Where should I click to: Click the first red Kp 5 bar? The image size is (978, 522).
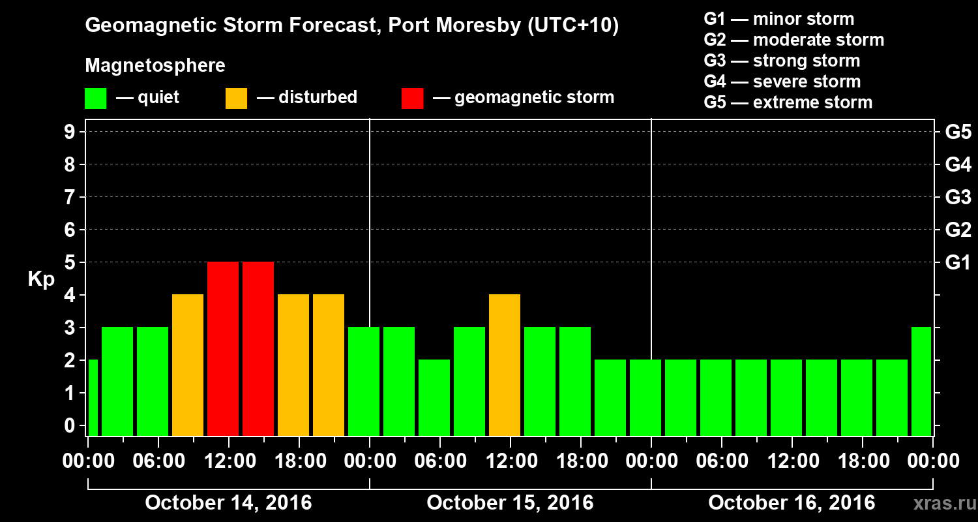pyautogui.click(x=223, y=348)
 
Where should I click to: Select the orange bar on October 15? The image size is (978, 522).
pyautogui.click(x=505, y=365)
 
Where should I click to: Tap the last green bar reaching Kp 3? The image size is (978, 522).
pyautogui.click(x=921, y=381)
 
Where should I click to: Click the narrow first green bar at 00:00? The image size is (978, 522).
pyautogui.click(x=93, y=397)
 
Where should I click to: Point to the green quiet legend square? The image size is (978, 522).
pyautogui.click(x=96, y=99)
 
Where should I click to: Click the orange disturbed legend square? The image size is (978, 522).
pyautogui.click(x=236, y=99)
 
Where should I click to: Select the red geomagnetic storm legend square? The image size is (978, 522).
pyautogui.click(x=412, y=99)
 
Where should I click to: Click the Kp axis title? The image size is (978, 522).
pyautogui.click(x=41, y=279)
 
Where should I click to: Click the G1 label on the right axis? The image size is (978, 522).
pyautogui.click(x=958, y=262)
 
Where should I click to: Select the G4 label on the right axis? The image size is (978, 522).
pyautogui.click(x=958, y=164)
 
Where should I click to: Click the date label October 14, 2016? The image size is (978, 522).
pyautogui.click(x=228, y=502)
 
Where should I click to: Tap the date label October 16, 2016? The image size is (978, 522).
pyautogui.click(x=792, y=502)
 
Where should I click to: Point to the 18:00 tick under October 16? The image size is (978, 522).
pyautogui.click(x=862, y=461)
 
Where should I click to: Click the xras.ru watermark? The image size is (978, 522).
pyautogui.click(x=940, y=504)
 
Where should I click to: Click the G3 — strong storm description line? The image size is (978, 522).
pyautogui.click(x=782, y=61)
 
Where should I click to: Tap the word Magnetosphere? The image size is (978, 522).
pyautogui.click(x=155, y=66)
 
